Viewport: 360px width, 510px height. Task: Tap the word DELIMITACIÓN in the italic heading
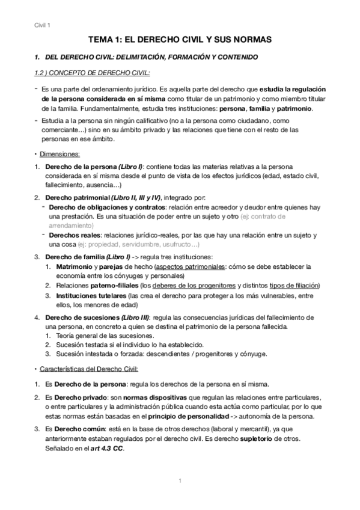click(143, 57)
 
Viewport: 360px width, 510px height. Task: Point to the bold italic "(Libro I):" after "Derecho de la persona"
click(129, 166)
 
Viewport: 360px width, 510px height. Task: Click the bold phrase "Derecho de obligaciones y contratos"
click(107, 207)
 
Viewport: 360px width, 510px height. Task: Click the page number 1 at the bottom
click(180, 480)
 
